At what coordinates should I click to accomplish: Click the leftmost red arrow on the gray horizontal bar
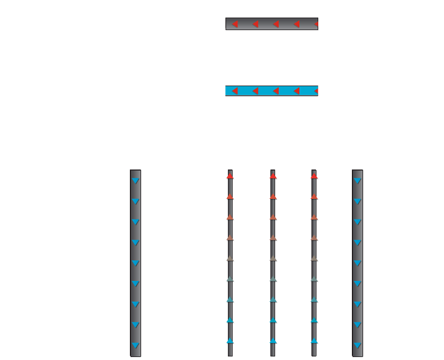pyautogui.click(x=235, y=24)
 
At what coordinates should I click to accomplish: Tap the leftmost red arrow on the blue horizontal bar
pyautogui.click(x=235, y=91)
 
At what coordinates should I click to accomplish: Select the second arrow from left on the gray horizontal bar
pyautogui.click(x=255, y=24)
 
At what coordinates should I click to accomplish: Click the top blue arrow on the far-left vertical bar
pyautogui.click(x=135, y=181)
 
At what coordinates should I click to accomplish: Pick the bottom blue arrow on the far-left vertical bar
pyautogui.click(x=135, y=345)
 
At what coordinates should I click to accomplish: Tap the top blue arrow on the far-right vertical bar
pyautogui.click(x=357, y=181)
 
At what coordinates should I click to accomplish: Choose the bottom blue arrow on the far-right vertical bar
pyautogui.click(x=357, y=345)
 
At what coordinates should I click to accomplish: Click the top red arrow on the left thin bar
pyautogui.click(x=230, y=176)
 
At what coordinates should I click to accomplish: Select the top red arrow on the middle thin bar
pyautogui.click(x=273, y=176)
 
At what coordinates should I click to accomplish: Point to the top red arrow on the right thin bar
pyautogui.click(x=314, y=176)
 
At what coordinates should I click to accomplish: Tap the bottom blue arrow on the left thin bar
pyautogui.click(x=230, y=341)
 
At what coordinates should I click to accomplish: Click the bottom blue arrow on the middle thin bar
pyautogui.click(x=273, y=341)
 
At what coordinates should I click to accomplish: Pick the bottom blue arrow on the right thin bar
pyautogui.click(x=314, y=341)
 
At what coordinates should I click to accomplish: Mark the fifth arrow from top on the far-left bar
pyautogui.click(x=135, y=263)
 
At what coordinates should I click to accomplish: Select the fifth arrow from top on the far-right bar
pyautogui.click(x=357, y=263)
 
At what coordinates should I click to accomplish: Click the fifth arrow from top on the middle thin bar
pyautogui.click(x=273, y=259)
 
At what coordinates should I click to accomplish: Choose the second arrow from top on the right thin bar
pyautogui.click(x=314, y=197)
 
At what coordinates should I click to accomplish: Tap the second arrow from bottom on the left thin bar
pyautogui.click(x=230, y=321)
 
